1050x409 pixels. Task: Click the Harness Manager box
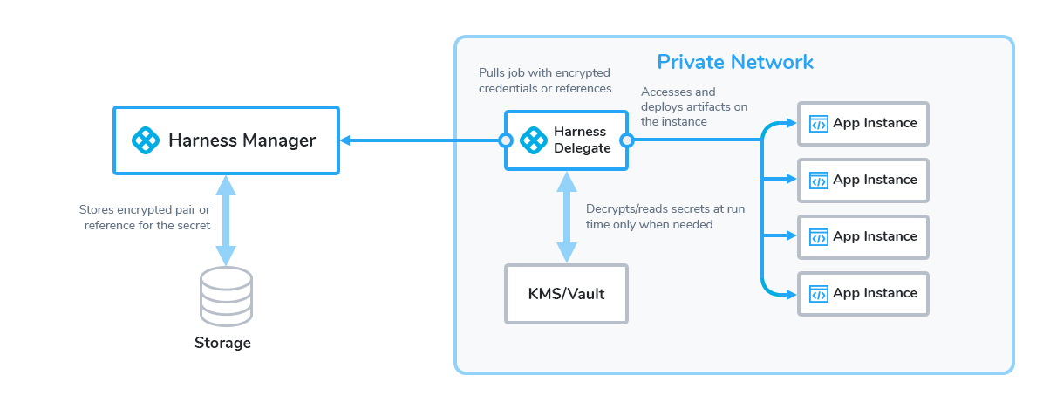pyautogui.click(x=226, y=140)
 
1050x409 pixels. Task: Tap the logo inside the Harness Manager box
pyautogui.click(x=146, y=140)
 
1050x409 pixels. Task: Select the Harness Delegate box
pyautogui.click(x=566, y=140)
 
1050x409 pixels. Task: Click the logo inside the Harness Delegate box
pyautogui.click(x=534, y=140)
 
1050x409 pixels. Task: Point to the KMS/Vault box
pyautogui.click(x=566, y=294)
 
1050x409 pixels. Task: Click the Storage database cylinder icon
pyautogui.click(x=226, y=297)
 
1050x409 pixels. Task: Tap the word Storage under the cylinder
pyautogui.click(x=222, y=343)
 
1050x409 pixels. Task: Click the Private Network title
pyautogui.click(x=735, y=62)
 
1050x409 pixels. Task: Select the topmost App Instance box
pyautogui.click(x=863, y=124)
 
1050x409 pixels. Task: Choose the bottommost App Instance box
pyautogui.click(x=863, y=294)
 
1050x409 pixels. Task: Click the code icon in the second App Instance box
pyautogui.click(x=818, y=181)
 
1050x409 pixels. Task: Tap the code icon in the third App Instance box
pyautogui.click(x=818, y=237)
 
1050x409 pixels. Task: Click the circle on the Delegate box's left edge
pyautogui.click(x=505, y=140)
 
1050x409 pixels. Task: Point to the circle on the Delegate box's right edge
pyautogui.click(x=627, y=140)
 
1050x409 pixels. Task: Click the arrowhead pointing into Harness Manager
pyautogui.click(x=345, y=140)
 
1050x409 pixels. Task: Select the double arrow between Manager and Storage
pyautogui.click(x=226, y=221)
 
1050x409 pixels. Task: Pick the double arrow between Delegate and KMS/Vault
pyautogui.click(x=566, y=217)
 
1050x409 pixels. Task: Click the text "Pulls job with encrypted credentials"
pyautogui.click(x=545, y=80)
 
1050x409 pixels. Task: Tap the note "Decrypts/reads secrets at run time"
pyautogui.click(x=665, y=216)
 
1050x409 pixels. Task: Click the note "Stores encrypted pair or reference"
pyautogui.click(x=145, y=217)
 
